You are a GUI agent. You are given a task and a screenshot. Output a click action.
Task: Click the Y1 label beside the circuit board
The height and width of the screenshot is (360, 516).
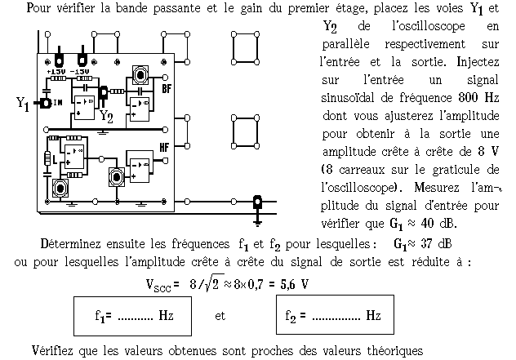point(22,104)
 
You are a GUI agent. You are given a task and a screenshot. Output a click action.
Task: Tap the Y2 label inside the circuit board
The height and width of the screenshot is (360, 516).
point(106,115)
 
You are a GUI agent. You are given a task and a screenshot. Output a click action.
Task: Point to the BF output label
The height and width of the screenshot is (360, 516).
point(167,88)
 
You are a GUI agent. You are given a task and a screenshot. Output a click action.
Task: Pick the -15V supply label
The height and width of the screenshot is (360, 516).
point(80,72)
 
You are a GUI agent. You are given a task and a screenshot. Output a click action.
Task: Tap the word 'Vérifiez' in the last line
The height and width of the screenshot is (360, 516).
point(57,350)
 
